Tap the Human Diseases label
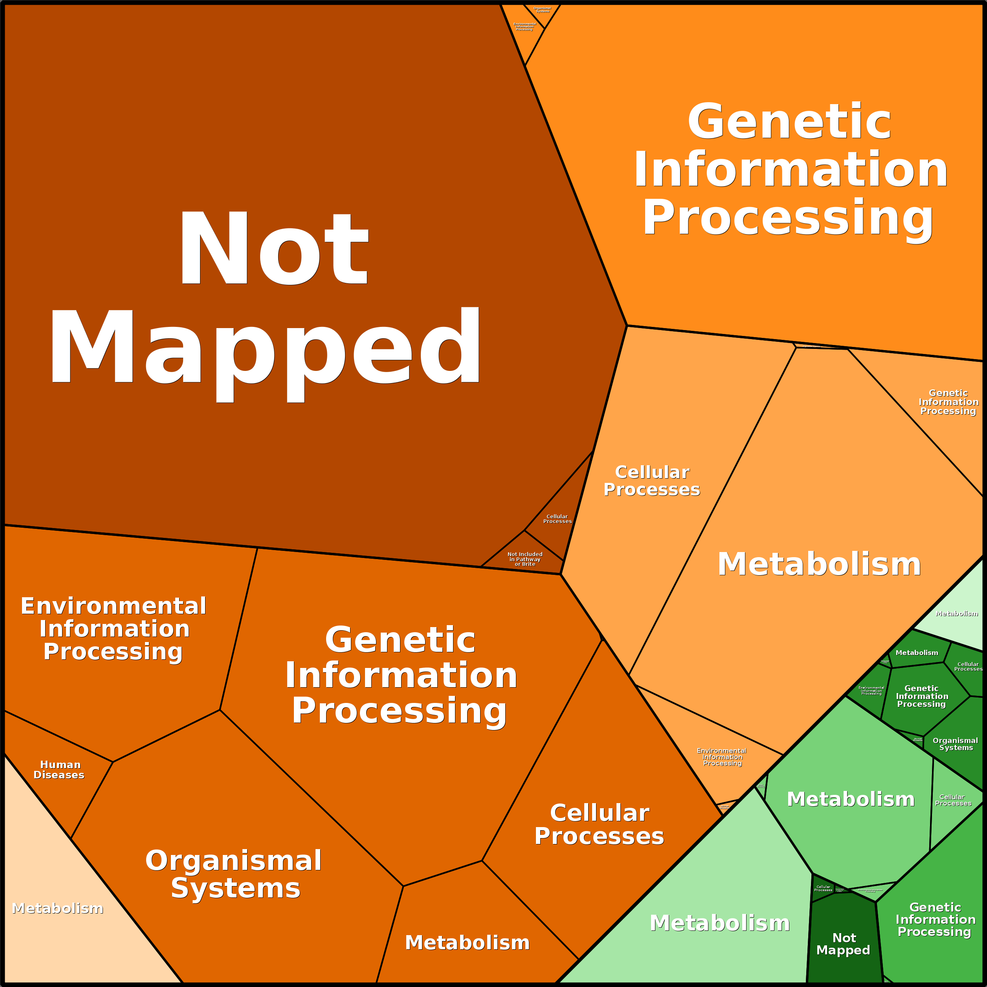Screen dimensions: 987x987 click(59, 770)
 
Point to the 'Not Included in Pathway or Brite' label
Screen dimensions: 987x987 click(525, 559)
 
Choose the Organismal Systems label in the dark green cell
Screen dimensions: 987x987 click(955, 744)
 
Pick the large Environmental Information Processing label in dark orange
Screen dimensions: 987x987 click(114, 628)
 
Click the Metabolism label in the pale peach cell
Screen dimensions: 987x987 click(57, 908)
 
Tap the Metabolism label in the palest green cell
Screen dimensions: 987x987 click(956, 614)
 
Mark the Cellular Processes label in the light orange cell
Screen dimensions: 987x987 click(652, 481)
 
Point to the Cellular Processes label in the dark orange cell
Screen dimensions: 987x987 click(599, 825)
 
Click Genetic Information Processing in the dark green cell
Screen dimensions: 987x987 click(922, 696)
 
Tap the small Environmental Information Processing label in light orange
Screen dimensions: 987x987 click(722, 757)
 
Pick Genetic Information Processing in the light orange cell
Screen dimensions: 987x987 click(948, 402)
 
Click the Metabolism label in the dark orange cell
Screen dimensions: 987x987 click(467, 943)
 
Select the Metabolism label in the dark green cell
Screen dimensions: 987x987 click(917, 653)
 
